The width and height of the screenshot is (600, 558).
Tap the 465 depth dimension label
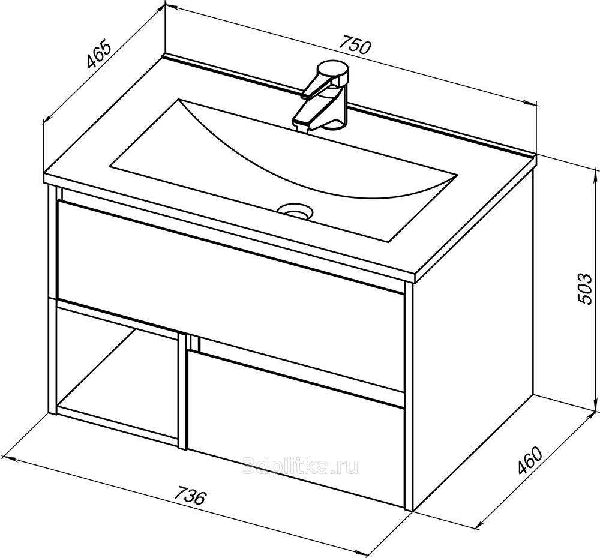pos(99,54)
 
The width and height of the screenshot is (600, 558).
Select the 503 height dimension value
pos(584,289)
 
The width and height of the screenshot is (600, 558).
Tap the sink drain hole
pos(295,211)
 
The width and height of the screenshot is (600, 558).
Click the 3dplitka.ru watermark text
pos(301,466)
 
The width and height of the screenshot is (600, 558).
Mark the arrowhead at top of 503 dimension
pos(595,176)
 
